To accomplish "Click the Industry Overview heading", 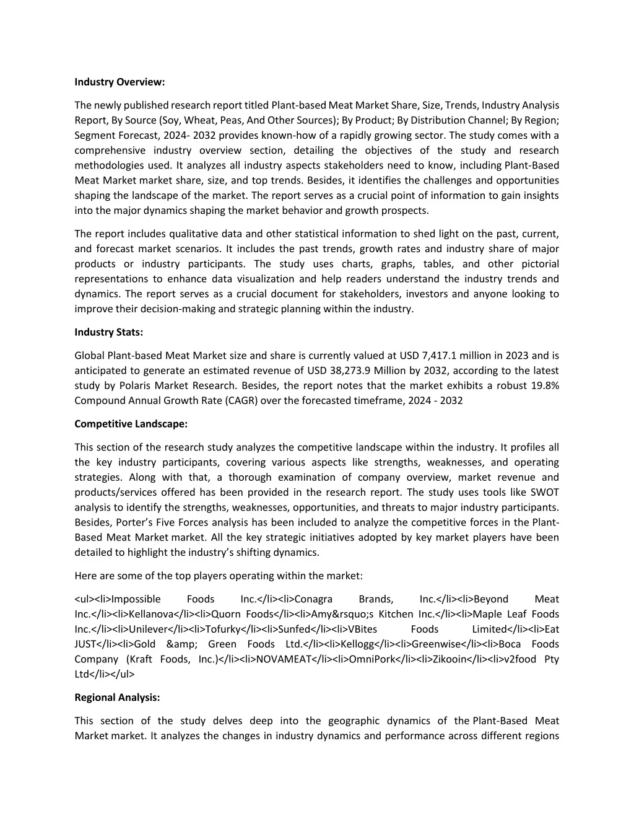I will [x=119, y=82].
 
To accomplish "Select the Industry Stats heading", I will [x=108, y=332].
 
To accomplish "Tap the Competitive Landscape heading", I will [x=131, y=424].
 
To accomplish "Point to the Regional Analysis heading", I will [x=117, y=697].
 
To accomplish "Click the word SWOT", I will [x=544, y=493].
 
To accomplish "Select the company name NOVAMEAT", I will [x=283, y=659].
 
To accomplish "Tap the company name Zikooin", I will [x=448, y=659].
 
